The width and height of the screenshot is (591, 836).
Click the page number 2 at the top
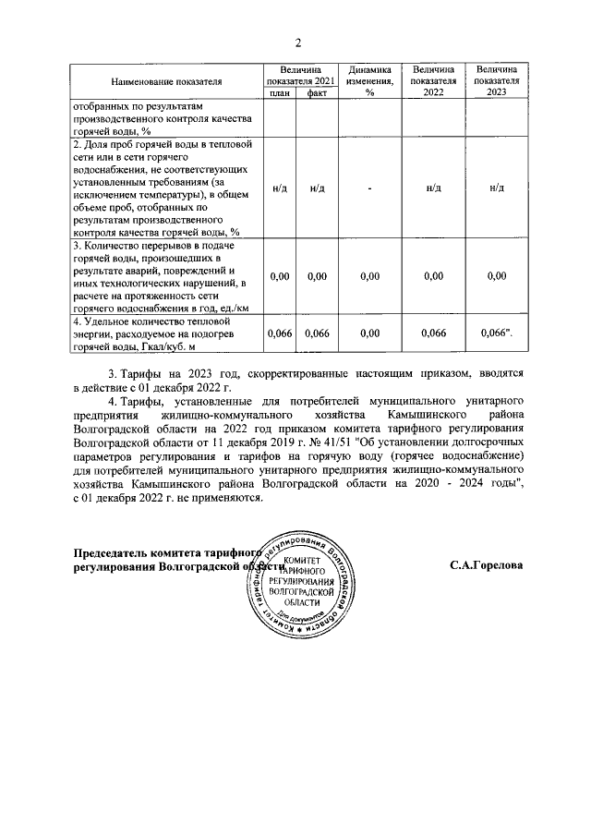(x=297, y=42)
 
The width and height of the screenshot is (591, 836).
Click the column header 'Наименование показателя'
(x=166, y=81)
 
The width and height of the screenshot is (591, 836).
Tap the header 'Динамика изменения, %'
(x=369, y=81)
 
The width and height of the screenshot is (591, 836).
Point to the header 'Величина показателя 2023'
(x=496, y=81)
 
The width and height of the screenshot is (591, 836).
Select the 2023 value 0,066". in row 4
(x=497, y=333)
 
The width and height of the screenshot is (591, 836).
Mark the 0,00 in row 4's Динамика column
(x=369, y=333)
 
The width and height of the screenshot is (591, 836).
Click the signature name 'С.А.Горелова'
(x=487, y=566)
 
